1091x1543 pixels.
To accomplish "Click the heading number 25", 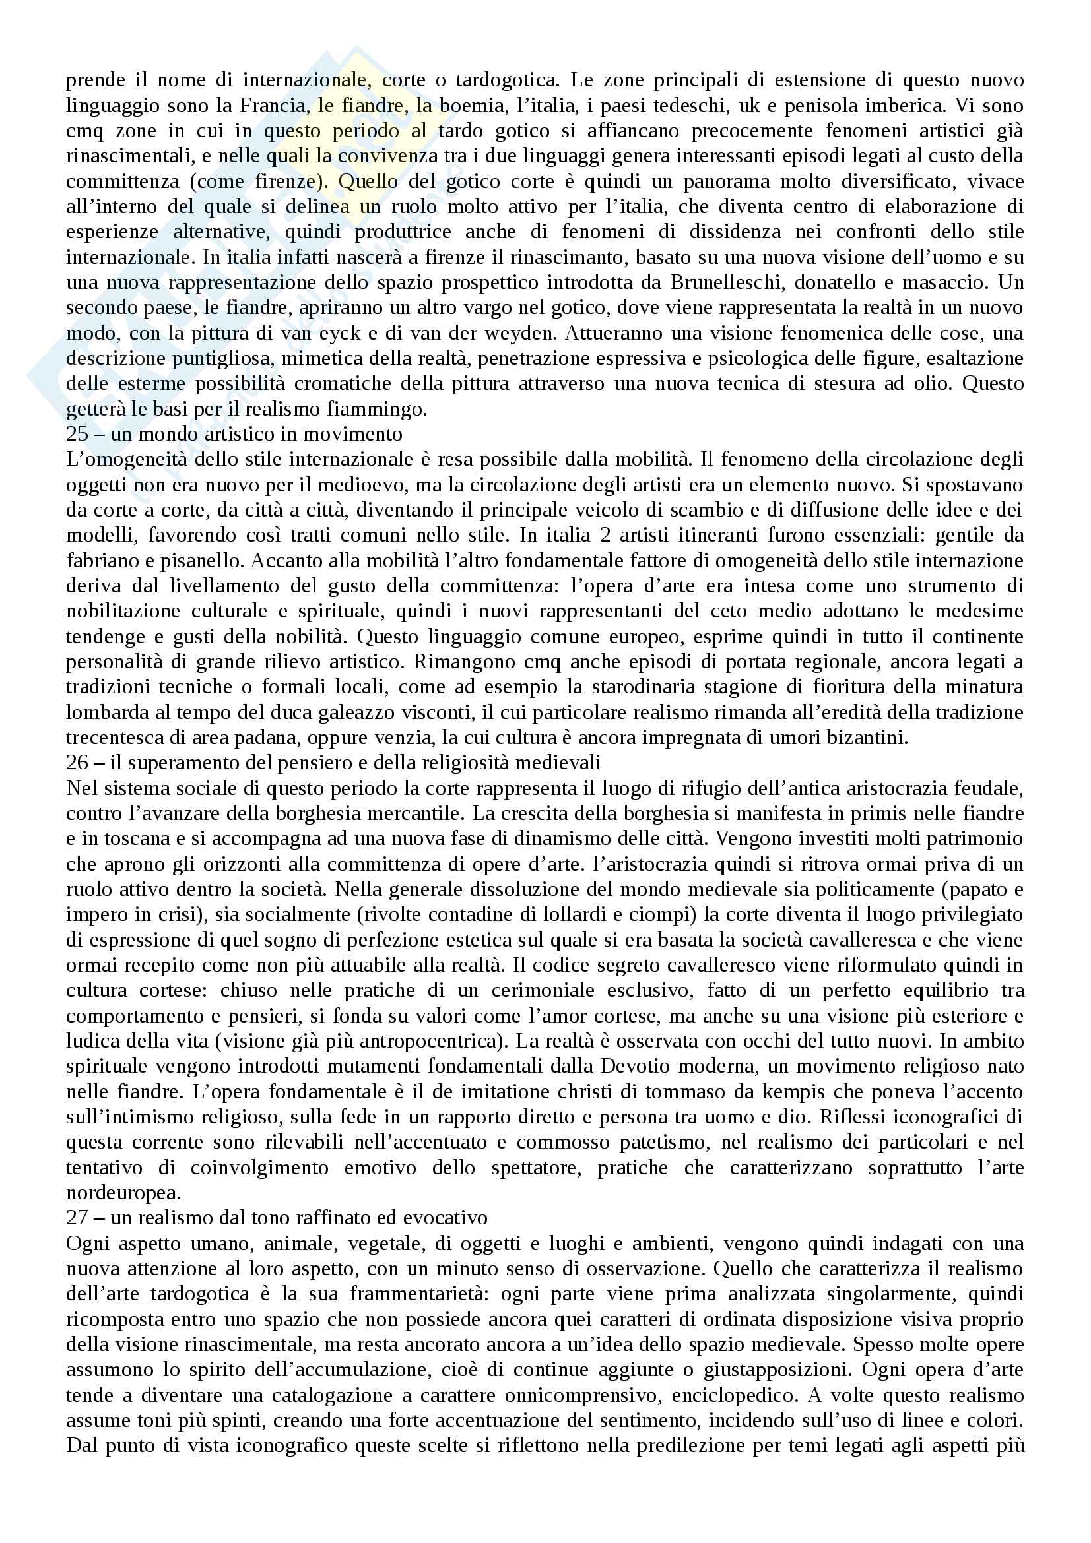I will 77,434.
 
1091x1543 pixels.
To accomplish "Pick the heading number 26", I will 77,763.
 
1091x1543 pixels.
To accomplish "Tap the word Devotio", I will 667,1067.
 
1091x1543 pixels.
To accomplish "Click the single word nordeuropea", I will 123,1193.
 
